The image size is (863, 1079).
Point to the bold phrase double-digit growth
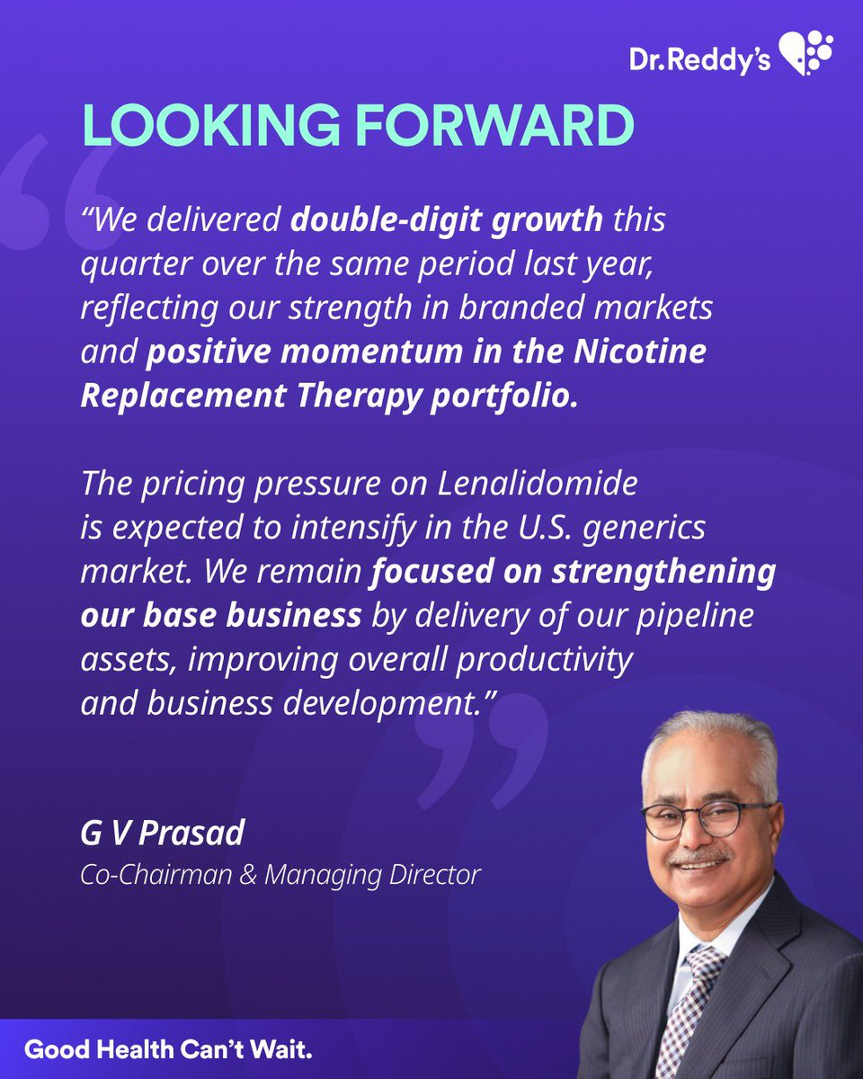point(447,220)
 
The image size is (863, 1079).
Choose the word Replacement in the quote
point(181,396)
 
